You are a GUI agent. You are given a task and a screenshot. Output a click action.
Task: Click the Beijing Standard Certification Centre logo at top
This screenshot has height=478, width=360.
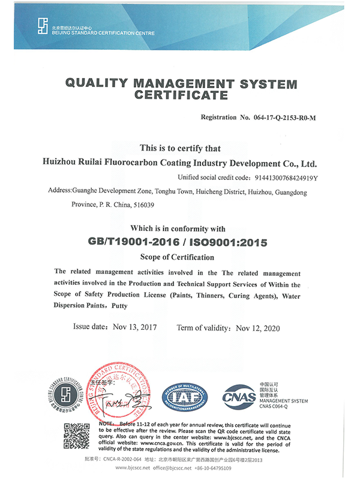[41, 25]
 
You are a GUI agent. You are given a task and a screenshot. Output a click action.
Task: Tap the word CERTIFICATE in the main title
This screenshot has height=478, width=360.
[180, 95]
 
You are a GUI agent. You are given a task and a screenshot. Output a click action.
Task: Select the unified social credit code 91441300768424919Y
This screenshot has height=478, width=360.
[284, 178]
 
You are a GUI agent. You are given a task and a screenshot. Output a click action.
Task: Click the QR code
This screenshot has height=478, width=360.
[77, 436]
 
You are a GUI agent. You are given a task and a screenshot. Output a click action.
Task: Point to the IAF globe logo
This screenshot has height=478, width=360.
[187, 396]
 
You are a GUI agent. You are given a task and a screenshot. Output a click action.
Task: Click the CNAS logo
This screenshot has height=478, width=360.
[238, 396]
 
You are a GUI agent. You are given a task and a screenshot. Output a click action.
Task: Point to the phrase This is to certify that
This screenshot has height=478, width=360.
[180, 148]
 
